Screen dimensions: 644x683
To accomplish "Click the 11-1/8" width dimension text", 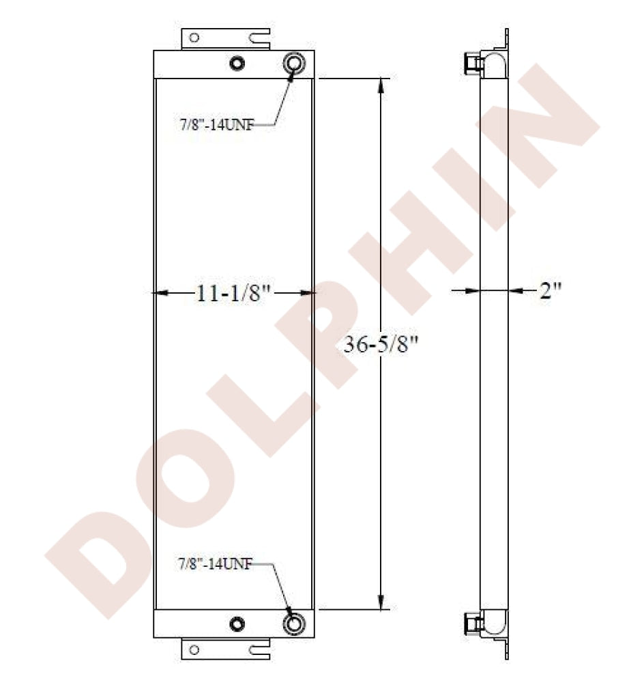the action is pyautogui.click(x=234, y=293).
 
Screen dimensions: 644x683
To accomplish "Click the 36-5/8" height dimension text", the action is pyautogui.click(x=381, y=344).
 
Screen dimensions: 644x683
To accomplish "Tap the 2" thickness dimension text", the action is pyautogui.click(x=551, y=290).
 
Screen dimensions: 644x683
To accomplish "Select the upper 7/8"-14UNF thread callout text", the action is pyautogui.click(x=217, y=126).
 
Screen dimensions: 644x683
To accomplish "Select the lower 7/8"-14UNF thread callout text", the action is pyautogui.click(x=215, y=564).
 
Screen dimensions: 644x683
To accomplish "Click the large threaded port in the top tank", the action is pyautogui.click(x=294, y=63).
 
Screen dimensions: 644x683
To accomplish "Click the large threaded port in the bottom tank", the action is pyautogui.click(x=294, y=624).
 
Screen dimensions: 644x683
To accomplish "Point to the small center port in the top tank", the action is pyautogui.click(x=237, y=64).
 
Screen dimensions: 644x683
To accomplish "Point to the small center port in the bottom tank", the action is pyautogui.click(x=237, y=624).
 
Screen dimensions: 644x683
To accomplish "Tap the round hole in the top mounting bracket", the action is pyautogui.click(x=194, y=38).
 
